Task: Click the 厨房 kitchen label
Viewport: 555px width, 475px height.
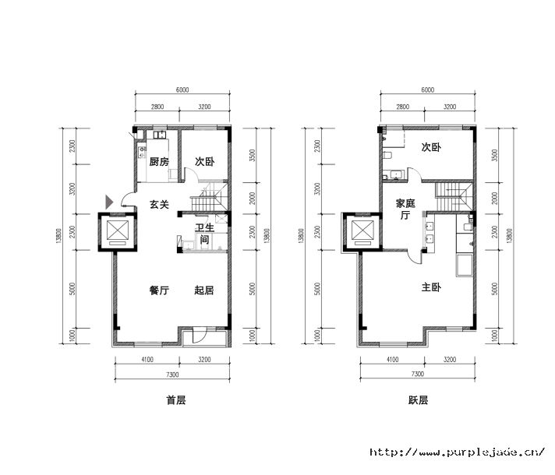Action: click(159, 162)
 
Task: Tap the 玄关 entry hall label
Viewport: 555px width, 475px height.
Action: click(159, 205)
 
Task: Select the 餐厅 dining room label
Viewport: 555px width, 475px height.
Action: click(159, 290)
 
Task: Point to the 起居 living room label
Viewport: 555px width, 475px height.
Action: click(204, 290)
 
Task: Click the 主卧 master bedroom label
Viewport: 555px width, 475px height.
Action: click(431, 287)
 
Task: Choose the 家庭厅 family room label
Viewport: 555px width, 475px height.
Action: click(405, 209)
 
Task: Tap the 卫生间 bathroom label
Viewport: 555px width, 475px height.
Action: click(204, 234)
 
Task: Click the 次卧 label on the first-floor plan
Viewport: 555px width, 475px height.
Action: click(204, 162)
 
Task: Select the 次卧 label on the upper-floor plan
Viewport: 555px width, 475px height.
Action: click(431, 147)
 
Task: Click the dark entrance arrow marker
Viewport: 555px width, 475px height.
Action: click(109, 202)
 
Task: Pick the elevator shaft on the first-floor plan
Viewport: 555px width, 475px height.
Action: click(118, 232)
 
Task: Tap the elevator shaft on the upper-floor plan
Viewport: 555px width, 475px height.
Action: click(362, 232)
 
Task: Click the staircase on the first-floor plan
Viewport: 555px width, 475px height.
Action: click(209, 197)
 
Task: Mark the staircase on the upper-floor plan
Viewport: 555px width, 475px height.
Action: click(454, 197)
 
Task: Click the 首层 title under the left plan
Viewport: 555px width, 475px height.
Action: click(176, 400)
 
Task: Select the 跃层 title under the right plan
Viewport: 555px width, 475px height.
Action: click(418, 400)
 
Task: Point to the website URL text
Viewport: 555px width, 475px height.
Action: click(458, 452)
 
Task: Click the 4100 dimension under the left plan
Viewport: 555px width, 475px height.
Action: click(147, 360)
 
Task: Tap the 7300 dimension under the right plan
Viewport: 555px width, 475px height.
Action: click(418, 375)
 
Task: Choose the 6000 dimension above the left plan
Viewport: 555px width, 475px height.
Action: click(182, 90)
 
